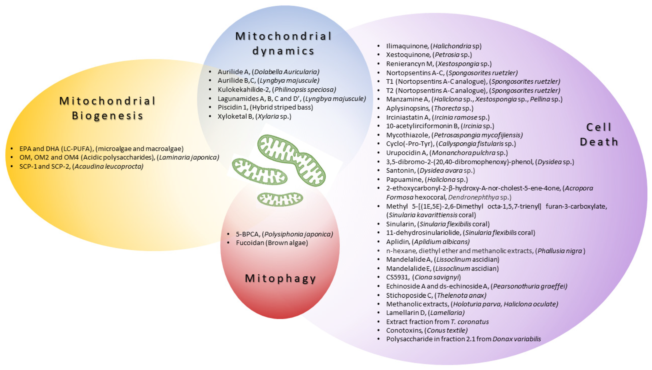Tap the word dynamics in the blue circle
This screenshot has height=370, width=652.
pos(283,51)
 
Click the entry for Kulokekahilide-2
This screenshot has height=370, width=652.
pos(277,89)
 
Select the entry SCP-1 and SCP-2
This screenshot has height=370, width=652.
pos(81,166)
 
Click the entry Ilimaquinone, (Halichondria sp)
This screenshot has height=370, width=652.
pos(434,46)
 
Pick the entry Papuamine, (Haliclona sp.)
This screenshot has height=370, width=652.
pos(427,179)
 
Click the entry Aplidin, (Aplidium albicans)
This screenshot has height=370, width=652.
pos(428,241)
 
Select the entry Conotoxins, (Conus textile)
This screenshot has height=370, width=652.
pos(427,330)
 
